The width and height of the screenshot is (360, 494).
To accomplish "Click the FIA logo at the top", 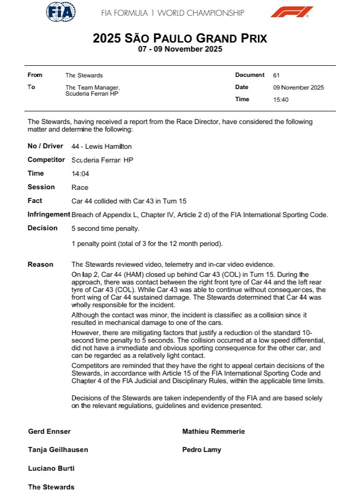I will click(x=61, y=12).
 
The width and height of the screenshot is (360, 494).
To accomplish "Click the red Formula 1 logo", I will click(x=291, y=12).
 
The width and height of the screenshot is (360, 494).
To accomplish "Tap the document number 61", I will click(x=276, y=75).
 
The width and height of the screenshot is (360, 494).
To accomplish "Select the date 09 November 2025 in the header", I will click(x=298, y=88).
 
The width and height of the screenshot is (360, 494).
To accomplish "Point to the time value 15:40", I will click(x=281, y=100).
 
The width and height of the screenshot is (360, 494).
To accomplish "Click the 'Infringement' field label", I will click(x=49, y=215).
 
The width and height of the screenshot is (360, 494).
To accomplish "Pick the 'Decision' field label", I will click(x=43, y=228).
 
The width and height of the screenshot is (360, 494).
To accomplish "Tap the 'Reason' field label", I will click(x=41, y=264).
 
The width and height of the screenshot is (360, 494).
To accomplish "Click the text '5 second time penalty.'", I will click(x=105, y=228).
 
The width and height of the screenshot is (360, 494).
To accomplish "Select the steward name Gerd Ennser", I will click(x=50, y=432).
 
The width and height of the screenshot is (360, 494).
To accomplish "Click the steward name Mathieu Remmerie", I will click(x=213, y=432).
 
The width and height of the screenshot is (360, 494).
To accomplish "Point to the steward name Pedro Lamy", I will click(x=202, y=449).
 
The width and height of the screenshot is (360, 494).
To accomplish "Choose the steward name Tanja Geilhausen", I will click(x=58, y=449).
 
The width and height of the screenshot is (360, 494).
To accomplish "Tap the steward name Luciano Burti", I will click(x=51, y=468).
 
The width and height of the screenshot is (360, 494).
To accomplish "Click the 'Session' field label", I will click(x=41, y=187).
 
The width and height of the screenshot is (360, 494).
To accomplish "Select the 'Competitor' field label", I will click(x=46, y=160).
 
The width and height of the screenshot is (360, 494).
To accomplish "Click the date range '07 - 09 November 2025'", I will click(x=180, y=50).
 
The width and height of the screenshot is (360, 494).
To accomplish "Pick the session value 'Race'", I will click(x=80, y=187).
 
